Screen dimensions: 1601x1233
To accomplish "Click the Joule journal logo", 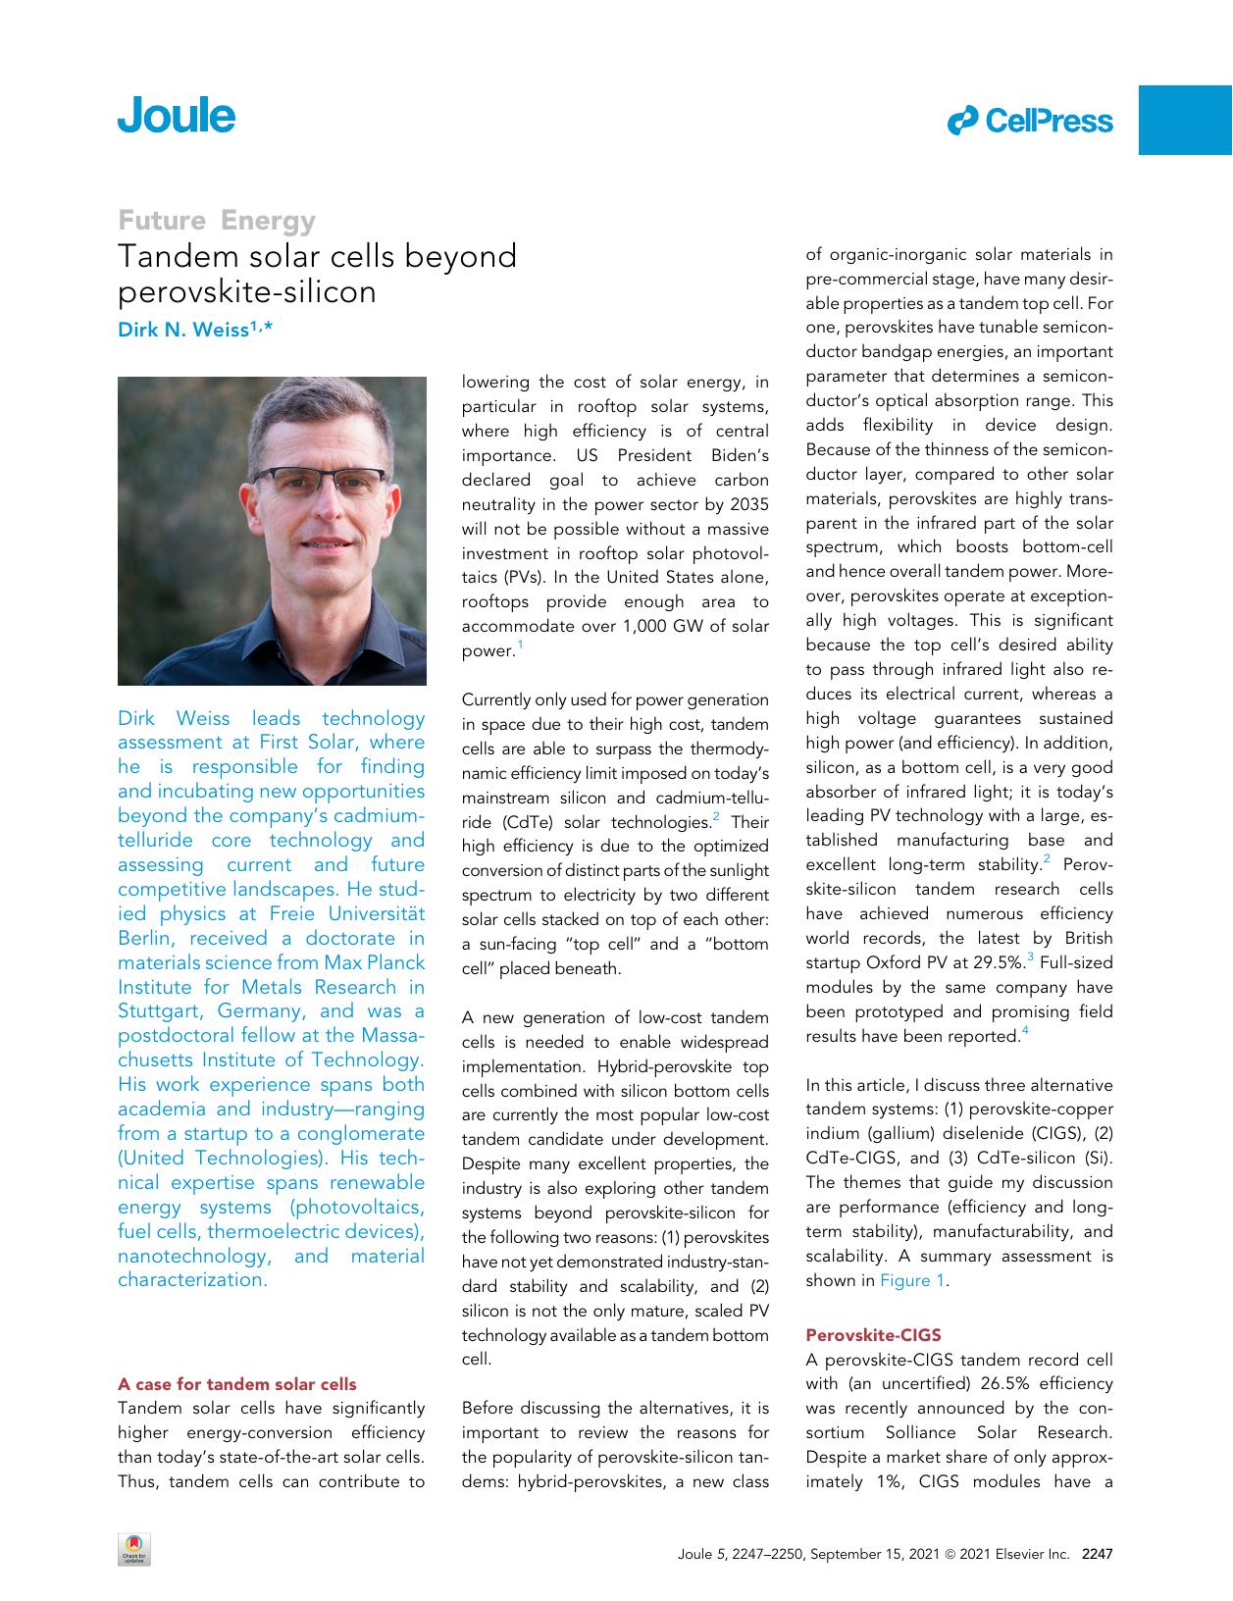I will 177,116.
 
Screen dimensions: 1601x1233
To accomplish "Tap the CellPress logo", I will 1031,122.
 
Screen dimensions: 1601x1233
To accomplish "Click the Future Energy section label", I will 217,220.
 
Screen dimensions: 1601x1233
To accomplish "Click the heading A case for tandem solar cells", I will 236,1384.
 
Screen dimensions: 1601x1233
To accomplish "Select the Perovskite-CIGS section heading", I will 872,1334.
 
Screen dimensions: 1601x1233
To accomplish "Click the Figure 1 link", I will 911,1280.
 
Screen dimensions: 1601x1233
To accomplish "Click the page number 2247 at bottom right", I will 1097,1554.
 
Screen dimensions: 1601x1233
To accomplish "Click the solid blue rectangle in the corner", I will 1184,120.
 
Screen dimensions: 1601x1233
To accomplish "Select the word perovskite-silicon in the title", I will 247,291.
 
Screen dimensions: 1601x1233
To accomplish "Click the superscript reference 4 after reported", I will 1025,1031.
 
